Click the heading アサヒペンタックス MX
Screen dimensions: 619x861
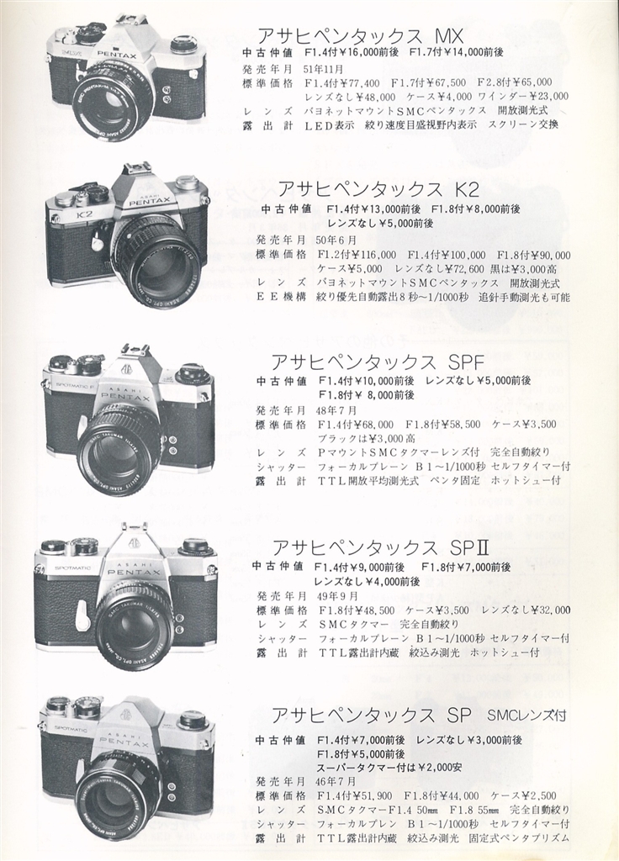tap(361, 36)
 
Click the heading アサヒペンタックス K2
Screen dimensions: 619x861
tap(379, 189)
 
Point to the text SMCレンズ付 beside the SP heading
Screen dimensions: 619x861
tap(526, 716)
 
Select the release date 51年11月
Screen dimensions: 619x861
tap(323, 69)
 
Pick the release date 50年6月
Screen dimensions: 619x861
tap(336, 240)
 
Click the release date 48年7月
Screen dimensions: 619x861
tap(337, 410)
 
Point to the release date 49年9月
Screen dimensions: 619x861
tap(337, 596)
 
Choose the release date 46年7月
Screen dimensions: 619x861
tap(336, 781)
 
